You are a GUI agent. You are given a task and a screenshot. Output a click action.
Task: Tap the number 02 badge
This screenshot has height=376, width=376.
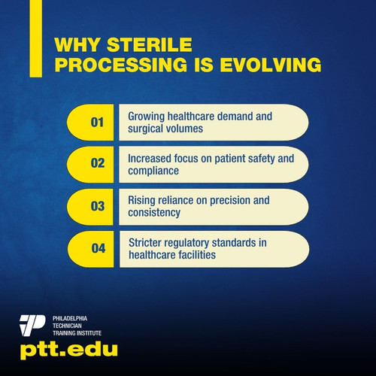point(96,163)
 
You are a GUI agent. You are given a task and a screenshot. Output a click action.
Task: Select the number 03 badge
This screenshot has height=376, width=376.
point(96,206)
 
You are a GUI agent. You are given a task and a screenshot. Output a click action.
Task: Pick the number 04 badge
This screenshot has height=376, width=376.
point(96,248)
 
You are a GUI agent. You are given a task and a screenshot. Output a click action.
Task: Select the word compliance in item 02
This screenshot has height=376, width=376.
point(153,171)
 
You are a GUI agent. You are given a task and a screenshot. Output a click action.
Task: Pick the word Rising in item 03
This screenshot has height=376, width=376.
point(141,200)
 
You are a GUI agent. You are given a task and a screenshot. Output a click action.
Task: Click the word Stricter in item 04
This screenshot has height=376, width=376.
point(146,242)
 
